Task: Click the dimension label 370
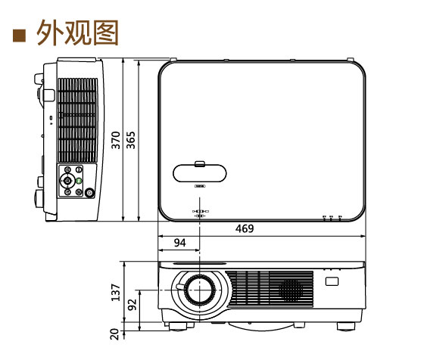(115, 140)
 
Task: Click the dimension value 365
(131, 140)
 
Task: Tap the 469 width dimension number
(245, 228)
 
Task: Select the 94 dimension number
(179, 243)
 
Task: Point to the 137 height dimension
(115, 293)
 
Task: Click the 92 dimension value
(132, 306)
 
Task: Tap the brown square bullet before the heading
(20, 34)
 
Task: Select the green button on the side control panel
(79, 182)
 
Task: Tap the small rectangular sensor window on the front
(332, 282)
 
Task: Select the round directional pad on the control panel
(68, 181)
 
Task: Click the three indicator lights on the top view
(332, 217)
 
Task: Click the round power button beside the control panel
(90, 192)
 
